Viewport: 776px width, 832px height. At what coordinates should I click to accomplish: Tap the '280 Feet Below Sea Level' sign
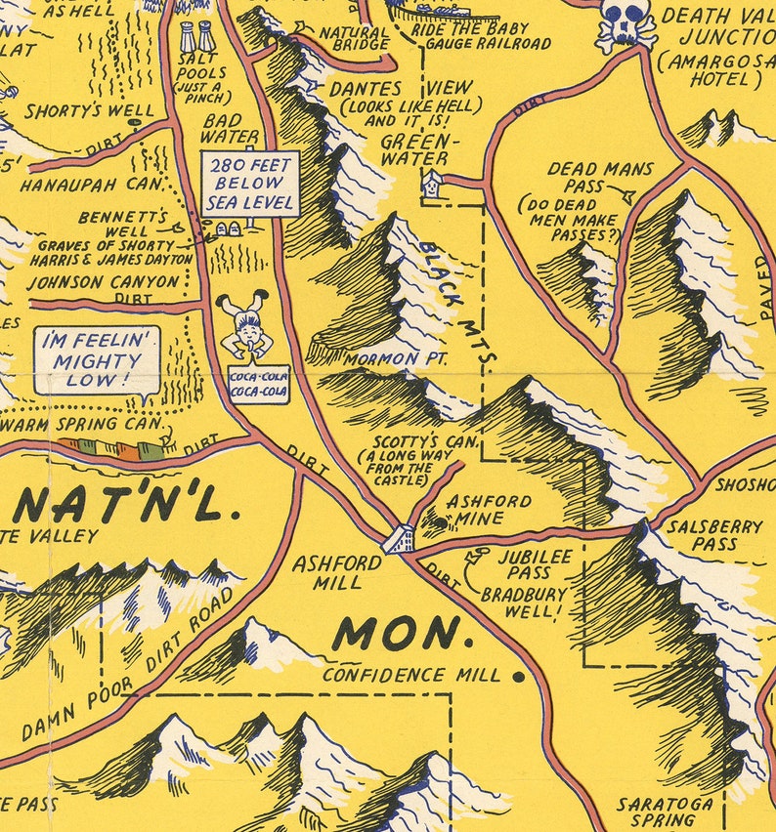(249, 184)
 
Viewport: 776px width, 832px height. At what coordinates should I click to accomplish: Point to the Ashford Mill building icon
(399, 539)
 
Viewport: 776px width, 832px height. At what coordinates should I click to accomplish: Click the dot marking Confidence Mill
(519, 675)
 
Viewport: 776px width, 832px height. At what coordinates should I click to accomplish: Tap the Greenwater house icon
(431, 180)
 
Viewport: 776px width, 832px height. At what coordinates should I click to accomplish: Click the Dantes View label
(407, 88)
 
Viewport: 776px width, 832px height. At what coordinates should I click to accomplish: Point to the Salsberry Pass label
(714, 534)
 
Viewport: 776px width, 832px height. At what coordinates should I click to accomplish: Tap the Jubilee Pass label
(530, 563)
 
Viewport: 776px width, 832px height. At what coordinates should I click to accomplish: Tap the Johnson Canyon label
(104, 281)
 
